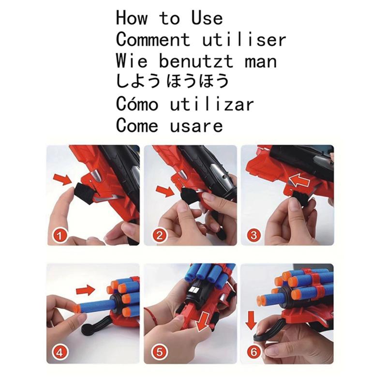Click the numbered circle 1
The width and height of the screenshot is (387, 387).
60,236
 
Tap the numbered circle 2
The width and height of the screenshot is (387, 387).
160,236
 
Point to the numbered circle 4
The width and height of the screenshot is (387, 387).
60,352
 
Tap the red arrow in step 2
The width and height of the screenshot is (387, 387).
165,190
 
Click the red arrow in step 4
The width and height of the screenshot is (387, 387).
86,290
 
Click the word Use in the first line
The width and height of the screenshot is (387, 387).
207,18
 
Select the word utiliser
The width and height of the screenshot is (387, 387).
244,39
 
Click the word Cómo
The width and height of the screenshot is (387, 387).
137,104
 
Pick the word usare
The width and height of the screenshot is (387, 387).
196,125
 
